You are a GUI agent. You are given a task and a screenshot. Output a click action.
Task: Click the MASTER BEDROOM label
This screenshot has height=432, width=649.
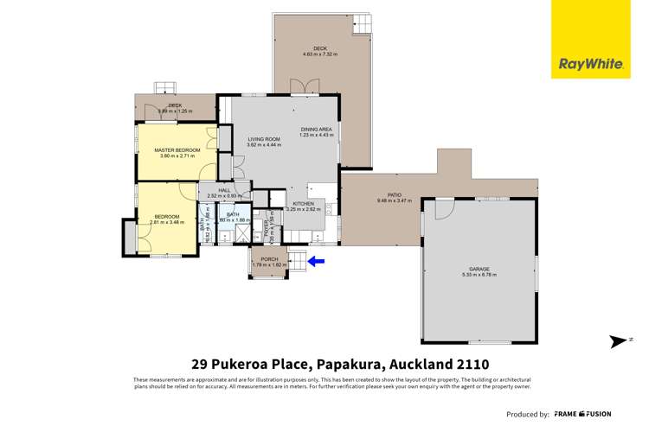[177, 150]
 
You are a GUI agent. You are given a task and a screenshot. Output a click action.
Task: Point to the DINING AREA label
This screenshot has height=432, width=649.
[315, 128]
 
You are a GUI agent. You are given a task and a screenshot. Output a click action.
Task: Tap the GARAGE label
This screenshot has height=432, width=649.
[477, 270]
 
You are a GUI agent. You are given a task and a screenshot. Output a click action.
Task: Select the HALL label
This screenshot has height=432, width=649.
[224, 190]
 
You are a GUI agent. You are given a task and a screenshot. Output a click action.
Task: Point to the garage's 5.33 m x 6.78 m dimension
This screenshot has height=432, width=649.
[477, 277]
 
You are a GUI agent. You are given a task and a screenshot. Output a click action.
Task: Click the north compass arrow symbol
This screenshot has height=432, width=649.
[615, 341]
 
